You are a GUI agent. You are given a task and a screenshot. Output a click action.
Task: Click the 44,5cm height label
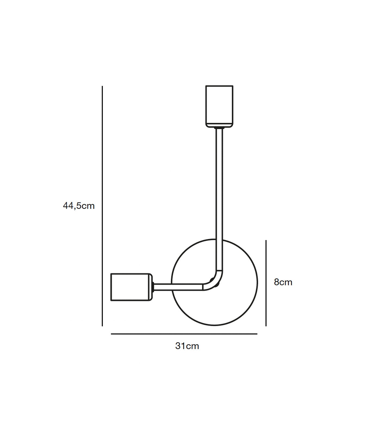(79, 206)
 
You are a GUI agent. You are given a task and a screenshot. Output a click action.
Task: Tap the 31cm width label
(187, 346)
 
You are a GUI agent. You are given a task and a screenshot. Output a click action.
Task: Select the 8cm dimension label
(283, 282)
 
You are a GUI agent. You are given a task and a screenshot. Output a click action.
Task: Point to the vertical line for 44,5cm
(102, 206)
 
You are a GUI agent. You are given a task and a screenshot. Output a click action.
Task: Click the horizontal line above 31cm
(184, 334)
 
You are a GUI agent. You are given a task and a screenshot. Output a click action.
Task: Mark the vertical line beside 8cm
(266, 283)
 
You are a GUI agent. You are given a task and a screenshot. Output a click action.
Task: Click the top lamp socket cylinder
(219, 106)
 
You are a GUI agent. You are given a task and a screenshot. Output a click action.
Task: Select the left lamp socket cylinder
(131, 287)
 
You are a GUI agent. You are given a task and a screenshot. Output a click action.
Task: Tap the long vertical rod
(219, 200)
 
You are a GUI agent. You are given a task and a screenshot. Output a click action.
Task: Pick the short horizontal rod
(179, 287)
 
